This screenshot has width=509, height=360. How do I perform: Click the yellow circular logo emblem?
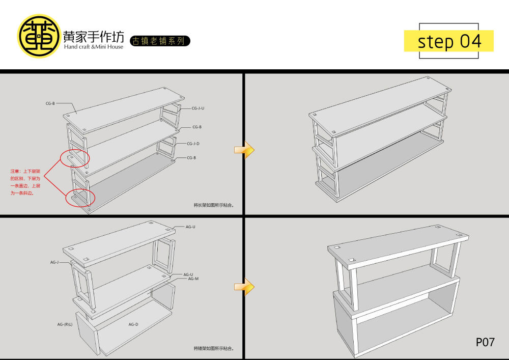point(39,36)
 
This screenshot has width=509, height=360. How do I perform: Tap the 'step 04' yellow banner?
point(448,41)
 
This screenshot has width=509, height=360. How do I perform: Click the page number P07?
point(485,342)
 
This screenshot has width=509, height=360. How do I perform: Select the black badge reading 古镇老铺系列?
point(160,41)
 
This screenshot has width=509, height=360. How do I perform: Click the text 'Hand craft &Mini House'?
point(94,47)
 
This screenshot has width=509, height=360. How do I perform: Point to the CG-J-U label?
point(198,108)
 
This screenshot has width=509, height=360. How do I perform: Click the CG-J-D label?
point(193,144)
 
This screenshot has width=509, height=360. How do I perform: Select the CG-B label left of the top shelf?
point(50,103)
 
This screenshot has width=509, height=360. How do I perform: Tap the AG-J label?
point(54,262)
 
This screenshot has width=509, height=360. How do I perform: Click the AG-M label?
point(193,279)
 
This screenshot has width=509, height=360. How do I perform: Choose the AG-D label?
point(133,324)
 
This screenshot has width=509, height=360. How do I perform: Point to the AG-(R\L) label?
point(68,324)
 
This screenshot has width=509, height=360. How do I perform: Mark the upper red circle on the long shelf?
point(74,158)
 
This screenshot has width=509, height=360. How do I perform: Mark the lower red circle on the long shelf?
point(80,196)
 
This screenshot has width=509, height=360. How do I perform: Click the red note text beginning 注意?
point(25,182)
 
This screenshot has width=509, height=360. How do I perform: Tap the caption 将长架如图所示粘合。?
point(213,205)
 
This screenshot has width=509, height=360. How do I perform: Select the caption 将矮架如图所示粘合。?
point(213,348)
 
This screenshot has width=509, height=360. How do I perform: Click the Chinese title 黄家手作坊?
point(93,36)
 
